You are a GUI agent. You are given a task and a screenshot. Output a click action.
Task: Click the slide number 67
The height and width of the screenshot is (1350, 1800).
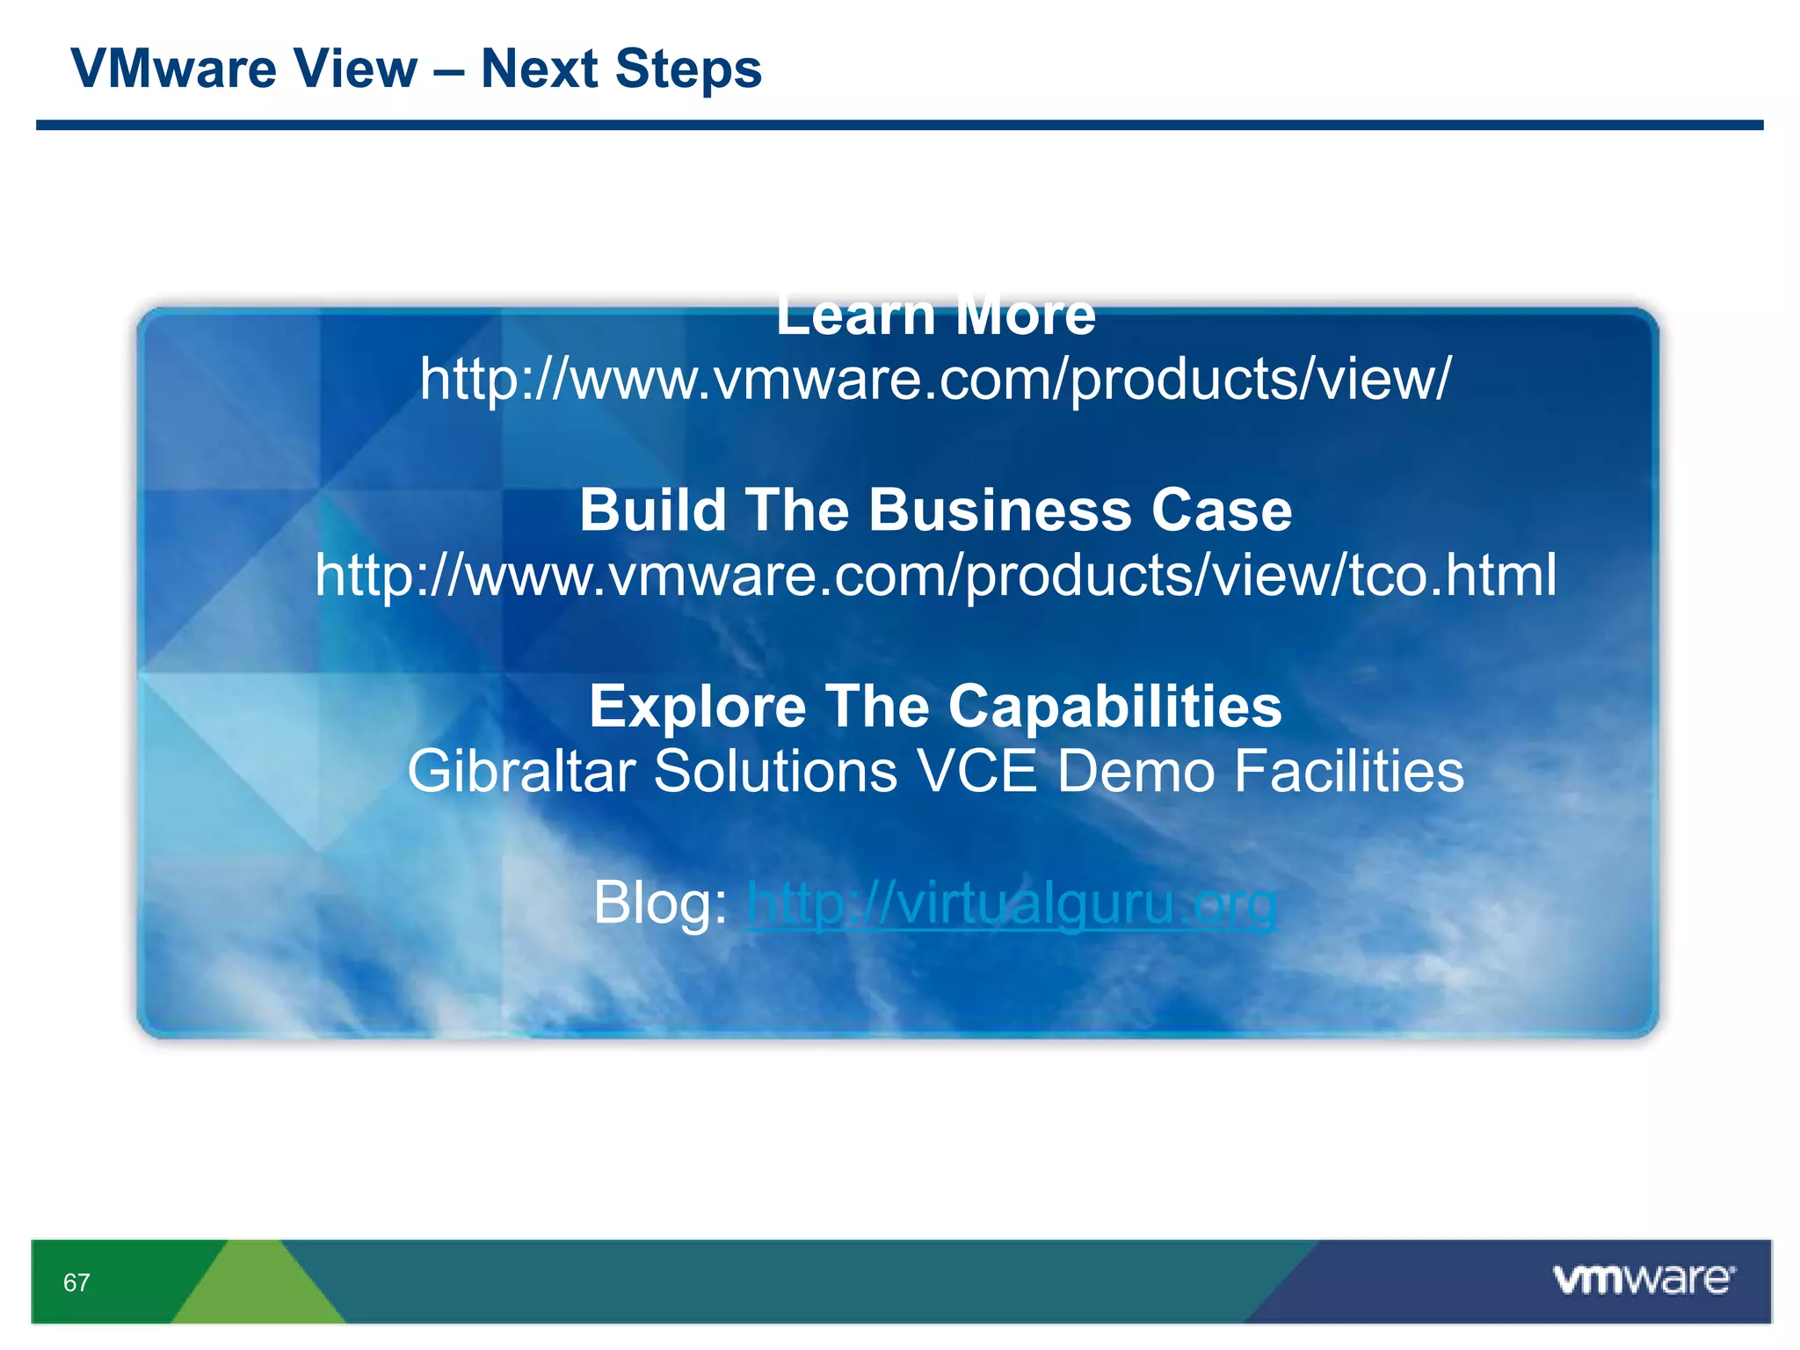76,1282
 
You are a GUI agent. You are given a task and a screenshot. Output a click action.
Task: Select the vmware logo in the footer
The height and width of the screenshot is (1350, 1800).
1644,1280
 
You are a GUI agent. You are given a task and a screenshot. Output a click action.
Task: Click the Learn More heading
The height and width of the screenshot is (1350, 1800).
935,316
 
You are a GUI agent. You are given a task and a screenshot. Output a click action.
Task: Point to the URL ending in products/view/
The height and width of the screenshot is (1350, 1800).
935,380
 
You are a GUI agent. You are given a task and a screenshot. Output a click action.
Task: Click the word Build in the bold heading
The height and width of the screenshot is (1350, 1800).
652,510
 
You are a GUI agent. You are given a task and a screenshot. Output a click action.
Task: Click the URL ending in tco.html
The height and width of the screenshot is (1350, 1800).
935,576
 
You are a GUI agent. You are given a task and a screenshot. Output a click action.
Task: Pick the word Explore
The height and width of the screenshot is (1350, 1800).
697,706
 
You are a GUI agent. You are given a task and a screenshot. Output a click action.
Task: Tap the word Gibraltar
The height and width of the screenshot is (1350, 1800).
520,772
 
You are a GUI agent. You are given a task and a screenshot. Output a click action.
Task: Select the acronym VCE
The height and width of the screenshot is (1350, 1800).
976,772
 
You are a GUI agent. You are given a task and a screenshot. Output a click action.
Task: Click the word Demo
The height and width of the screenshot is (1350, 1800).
1135,772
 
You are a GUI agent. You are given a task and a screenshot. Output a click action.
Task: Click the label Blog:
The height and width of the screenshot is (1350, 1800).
660,903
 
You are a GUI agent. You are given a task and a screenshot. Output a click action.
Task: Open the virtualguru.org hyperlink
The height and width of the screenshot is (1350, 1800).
1011,903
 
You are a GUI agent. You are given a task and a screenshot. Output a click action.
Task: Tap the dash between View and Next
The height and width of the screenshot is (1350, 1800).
448,70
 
